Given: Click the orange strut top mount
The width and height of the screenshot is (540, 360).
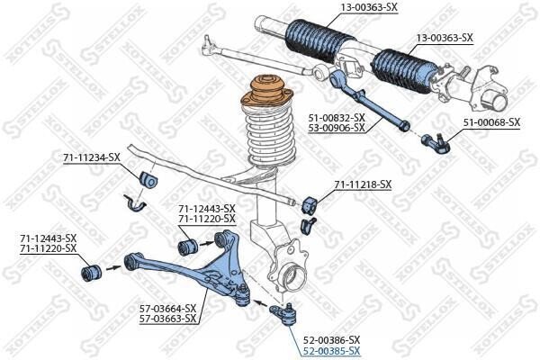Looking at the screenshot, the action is point(266,92).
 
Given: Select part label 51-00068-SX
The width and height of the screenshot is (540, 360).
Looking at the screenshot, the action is point(491,122).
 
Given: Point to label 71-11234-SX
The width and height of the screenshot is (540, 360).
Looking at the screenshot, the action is point(91,157).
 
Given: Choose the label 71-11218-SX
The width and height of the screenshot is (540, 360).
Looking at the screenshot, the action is point(363,184).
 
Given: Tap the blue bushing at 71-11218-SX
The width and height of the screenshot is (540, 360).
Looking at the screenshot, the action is point(310,205).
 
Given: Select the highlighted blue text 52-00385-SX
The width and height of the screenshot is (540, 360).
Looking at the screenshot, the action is point(331,351).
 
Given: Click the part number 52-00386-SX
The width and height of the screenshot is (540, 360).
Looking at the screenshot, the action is point(331,340).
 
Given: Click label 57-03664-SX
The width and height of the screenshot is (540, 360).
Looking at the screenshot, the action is point(167,308).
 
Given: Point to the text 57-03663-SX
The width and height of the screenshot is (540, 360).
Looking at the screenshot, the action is point(167,319).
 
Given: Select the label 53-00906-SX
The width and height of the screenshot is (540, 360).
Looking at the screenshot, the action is point(337,128).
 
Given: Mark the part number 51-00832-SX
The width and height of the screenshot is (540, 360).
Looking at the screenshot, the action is point(337,118).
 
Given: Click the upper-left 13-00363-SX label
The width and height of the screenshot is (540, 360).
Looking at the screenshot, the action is point(369,7).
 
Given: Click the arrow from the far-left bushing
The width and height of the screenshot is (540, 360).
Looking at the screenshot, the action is point(113,267).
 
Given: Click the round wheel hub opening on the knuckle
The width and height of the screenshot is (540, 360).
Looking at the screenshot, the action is point(295,278).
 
